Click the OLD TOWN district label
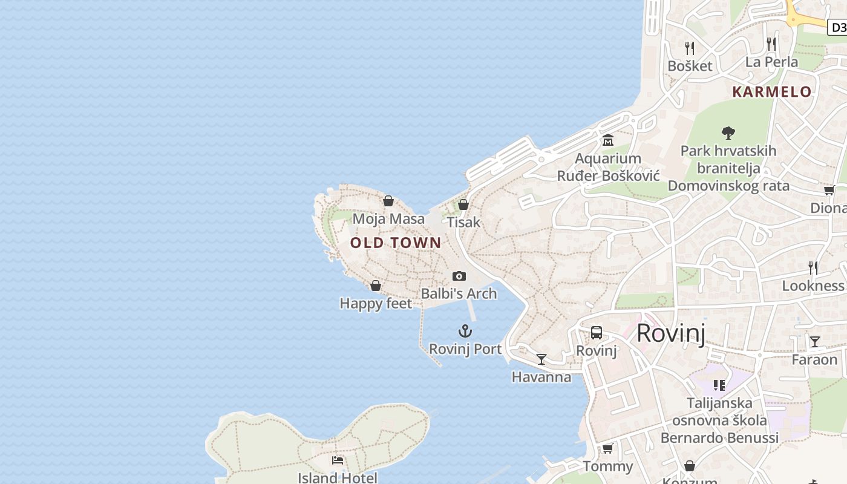[396, 243]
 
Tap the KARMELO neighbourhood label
[771, 92]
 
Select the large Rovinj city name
[671, 333]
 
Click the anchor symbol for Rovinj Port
[465, 331]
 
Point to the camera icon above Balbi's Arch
[459, 276]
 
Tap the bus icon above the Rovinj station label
[597, 332]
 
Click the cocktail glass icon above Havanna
[541, 359]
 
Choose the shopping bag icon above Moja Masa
[388, 201]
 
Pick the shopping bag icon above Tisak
[463, 204]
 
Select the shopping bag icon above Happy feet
[376, 286]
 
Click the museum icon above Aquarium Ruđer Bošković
[608, 140]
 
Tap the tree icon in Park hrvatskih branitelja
[728, 132]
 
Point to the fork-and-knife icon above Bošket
[690, 48]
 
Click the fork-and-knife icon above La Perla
[771, 44]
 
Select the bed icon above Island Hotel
[338, 460]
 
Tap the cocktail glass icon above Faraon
[815, 342]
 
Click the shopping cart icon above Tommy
[608, 448]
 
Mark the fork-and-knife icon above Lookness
[813, 267]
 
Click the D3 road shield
[838, 27]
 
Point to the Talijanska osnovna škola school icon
[719, 385]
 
